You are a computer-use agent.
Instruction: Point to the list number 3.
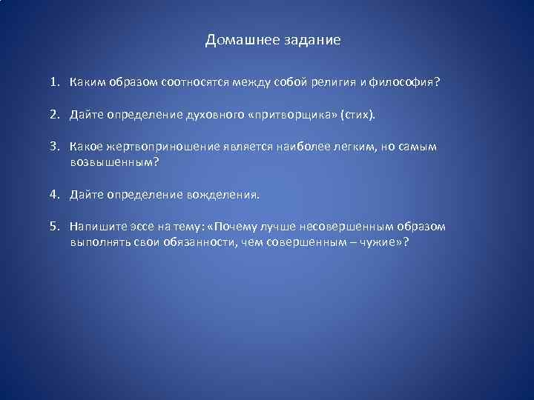54,147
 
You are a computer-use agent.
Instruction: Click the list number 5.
54,226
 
